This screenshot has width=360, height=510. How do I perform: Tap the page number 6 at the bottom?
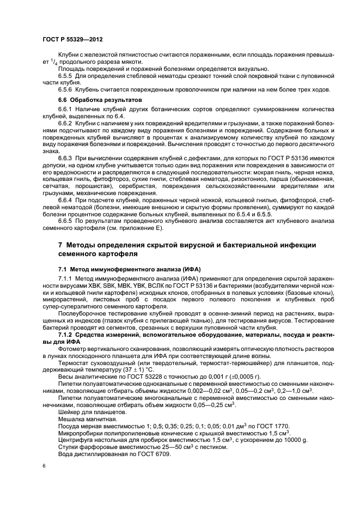44,465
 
